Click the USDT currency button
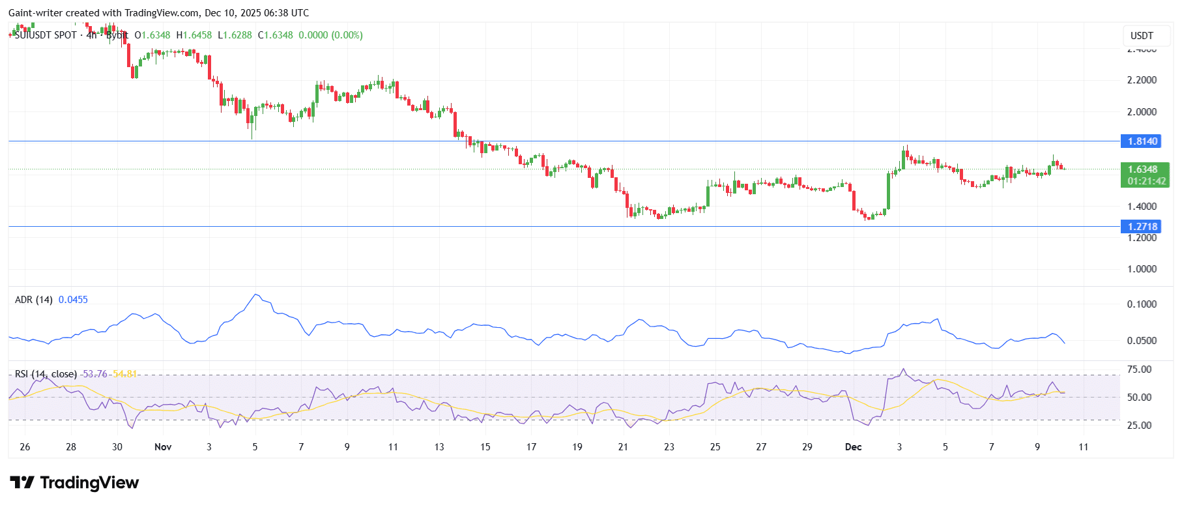tap(1142, 36)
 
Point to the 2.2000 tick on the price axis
tap(1142, 80)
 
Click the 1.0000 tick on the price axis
tap(1142, 269)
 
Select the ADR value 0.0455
tap(73, 300)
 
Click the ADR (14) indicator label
tap(33, 300)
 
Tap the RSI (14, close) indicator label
tap(46, 374)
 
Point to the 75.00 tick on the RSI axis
tap(1140, 369)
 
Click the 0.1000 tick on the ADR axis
tap(1142, 304)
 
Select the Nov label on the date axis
tap(163, 447)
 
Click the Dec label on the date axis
tap(853, 447)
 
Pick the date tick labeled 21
tap(623, 447)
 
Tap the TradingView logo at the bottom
tap(74, 483)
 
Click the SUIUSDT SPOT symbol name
tap(46, 35)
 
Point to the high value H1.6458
tap(194, 35)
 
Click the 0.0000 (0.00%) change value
tap(330, 35)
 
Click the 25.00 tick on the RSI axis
tap(1140, 426)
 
